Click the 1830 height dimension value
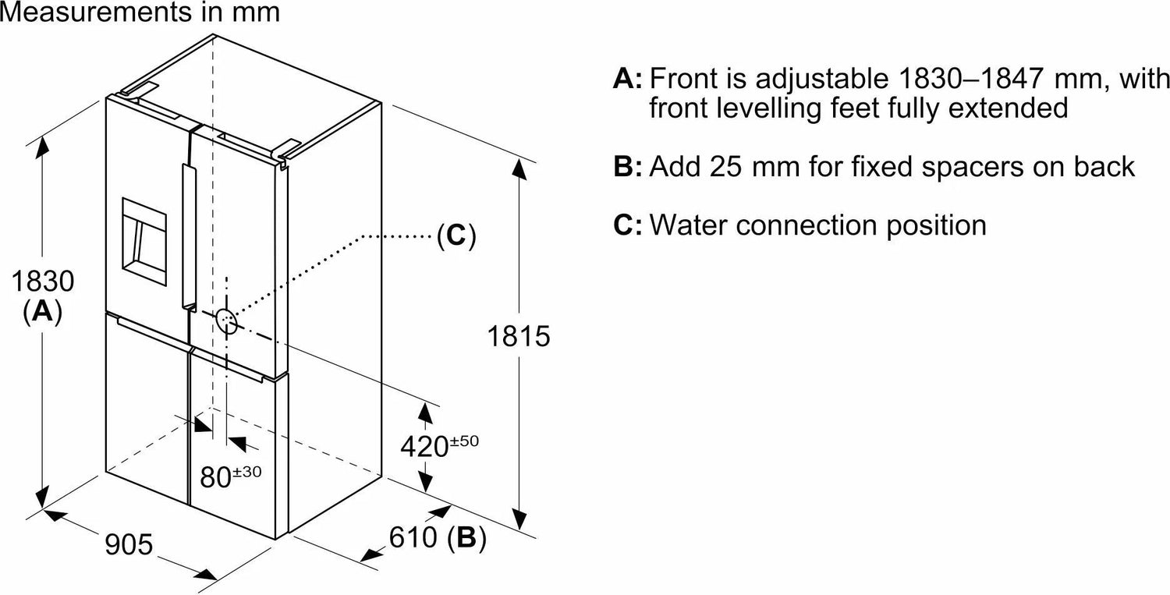coord(43,281)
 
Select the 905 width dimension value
coord(129,544)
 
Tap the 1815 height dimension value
coord(519,337)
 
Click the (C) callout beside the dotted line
coord(456,236)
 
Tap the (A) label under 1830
coord(43,312)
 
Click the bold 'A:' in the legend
coord(629,79)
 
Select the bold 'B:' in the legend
coord(629,166)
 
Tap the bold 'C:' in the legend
coord(629,225)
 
